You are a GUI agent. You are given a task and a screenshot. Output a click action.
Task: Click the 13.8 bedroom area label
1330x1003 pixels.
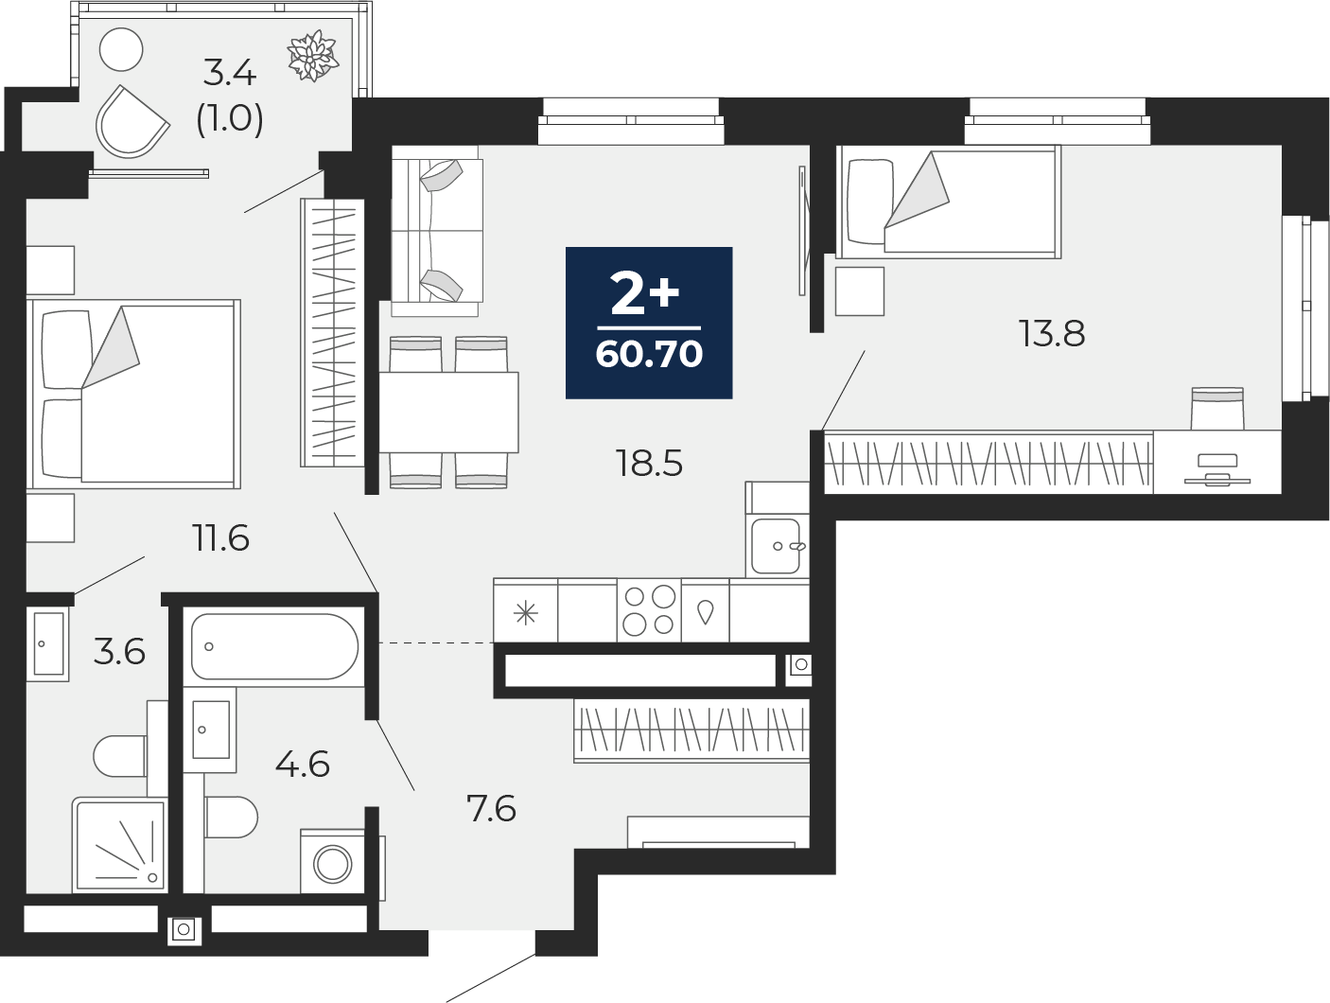(x=1051, y=334)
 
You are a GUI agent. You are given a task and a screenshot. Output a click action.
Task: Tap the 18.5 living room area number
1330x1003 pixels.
(x=649, y=464)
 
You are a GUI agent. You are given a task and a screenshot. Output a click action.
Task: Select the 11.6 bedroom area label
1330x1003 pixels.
(x=220, y=538)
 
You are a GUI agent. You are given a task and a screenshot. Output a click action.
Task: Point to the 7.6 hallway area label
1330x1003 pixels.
(x=492, y=809)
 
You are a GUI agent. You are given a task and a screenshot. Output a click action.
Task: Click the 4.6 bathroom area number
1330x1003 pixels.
(x=303, y=764)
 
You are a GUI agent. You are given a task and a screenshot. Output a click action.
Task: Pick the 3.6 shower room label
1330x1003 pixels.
(x=120, y=652)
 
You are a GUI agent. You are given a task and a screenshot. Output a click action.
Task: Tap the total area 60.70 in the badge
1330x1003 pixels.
(x=649, y=354)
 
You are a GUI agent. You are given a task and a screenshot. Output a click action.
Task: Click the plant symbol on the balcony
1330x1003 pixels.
(x=313, y=56)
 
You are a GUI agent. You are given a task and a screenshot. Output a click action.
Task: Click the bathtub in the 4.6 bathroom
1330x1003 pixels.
(x=274, y=646)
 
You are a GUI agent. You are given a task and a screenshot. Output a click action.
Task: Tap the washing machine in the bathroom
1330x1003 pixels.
(x=332, y=862)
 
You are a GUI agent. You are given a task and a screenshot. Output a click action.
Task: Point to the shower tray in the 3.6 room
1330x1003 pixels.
(x=120, y=845)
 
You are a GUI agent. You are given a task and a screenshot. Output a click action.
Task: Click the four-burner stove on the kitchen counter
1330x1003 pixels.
(x=649, y=610)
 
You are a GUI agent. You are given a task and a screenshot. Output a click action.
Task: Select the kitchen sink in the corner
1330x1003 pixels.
(x=777, y=545)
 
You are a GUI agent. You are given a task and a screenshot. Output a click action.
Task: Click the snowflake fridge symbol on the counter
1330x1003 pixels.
(x=526, y=614)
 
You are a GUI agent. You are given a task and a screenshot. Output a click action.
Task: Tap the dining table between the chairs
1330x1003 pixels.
(x=448, y=412)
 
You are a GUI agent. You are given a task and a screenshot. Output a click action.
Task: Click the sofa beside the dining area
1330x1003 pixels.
(x=436, y=231)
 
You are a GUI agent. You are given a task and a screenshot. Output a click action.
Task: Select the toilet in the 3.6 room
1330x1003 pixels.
(x=121, y=756)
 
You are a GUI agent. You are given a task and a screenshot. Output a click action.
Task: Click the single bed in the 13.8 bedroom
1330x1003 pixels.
(x=948, y=201)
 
